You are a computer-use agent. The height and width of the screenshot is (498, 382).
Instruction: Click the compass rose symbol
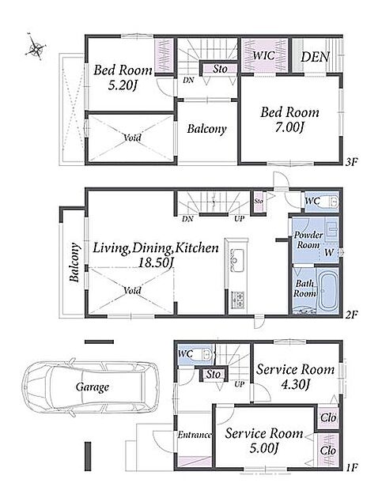36,47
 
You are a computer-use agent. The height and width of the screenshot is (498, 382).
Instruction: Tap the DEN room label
315,57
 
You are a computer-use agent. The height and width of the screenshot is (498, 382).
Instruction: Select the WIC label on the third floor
264,55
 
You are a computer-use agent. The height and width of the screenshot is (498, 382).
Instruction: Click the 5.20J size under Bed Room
122,85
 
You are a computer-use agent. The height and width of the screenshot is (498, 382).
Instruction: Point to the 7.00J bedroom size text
289,127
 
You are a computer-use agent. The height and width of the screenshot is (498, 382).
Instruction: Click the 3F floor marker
352,162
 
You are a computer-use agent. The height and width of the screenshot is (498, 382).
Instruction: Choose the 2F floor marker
352,315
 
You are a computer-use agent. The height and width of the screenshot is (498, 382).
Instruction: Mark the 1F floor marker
352,467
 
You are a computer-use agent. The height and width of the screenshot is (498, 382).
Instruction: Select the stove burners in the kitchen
237,300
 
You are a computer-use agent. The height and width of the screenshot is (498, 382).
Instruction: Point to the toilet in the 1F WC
206,354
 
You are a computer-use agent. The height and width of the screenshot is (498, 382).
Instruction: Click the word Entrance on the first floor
195,435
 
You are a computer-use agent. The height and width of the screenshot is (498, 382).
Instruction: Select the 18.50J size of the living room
156,262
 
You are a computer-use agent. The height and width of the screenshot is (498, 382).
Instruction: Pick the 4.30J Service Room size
296,385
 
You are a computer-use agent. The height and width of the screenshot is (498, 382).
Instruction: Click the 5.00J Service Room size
264,448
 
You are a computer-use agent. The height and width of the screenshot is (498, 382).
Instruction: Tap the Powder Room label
308,240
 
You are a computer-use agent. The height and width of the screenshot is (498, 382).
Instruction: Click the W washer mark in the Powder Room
329,253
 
